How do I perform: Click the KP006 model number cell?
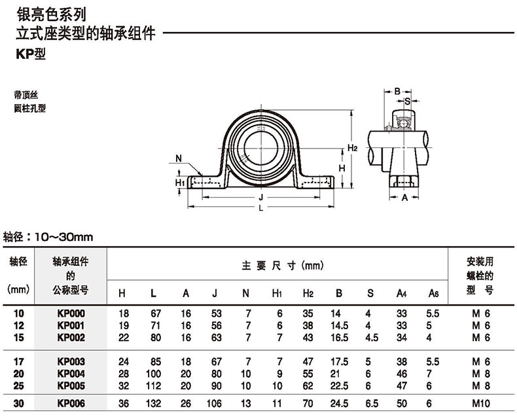click(71, 403)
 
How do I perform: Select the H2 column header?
click(308, 293)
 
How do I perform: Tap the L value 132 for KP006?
click(153, 403)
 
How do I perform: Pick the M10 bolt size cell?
click(481, 403)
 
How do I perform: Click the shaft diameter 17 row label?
click(19, 361)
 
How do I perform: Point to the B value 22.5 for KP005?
click(339, 386)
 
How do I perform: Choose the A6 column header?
click(433, 293)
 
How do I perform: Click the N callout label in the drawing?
click(179, 158)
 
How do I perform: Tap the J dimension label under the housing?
click(261, 197)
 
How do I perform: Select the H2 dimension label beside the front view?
click(353, 147)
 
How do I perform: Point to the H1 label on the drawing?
click(180, 183)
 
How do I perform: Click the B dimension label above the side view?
click(397, 91)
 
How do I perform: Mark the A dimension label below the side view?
click(404, 198)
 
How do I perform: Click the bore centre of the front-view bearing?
click(261, 148)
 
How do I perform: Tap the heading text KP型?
click(31, 54)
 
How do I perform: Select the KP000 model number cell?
click(71, 313)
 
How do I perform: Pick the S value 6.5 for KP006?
click(372, 403)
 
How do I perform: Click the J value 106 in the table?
click(214, 403)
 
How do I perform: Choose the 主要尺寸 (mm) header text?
click(283, 265)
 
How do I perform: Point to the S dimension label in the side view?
click(408, 101)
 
